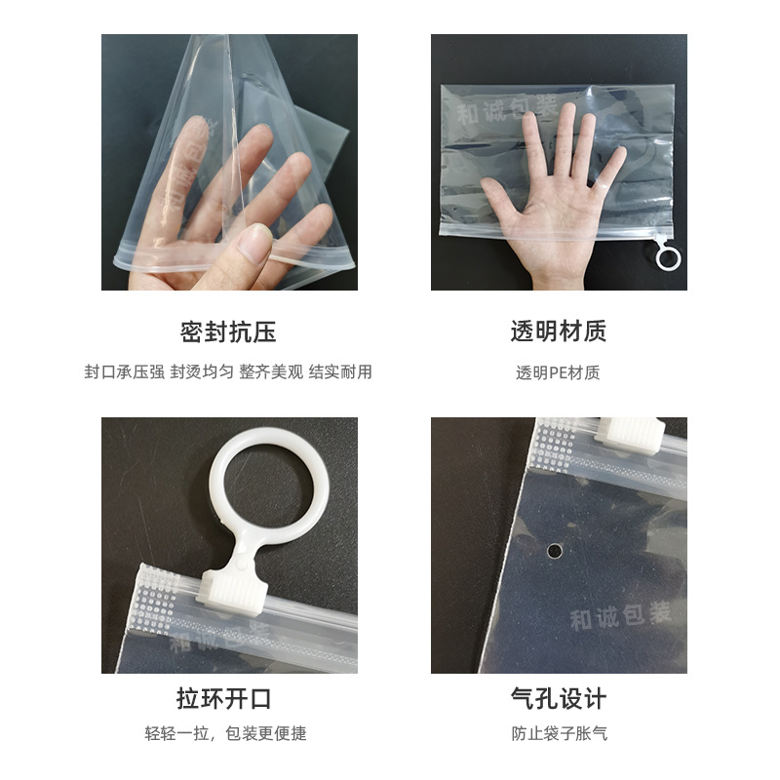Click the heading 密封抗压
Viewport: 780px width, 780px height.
click(228, 331)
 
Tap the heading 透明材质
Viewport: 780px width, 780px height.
click(559, 331)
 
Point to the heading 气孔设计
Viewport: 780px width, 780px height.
click(559, 699)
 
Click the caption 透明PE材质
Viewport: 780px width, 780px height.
click(559, 372)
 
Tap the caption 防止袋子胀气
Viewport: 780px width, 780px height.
click(559, 733)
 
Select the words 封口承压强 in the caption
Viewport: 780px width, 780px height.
click(124, 372)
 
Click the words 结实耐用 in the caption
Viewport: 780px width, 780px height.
click(340, 372)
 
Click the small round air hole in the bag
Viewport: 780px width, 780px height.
click(555, 552)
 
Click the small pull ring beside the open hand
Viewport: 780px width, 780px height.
click(668, 257)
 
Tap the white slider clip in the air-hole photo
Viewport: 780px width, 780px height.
click(630, 433)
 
